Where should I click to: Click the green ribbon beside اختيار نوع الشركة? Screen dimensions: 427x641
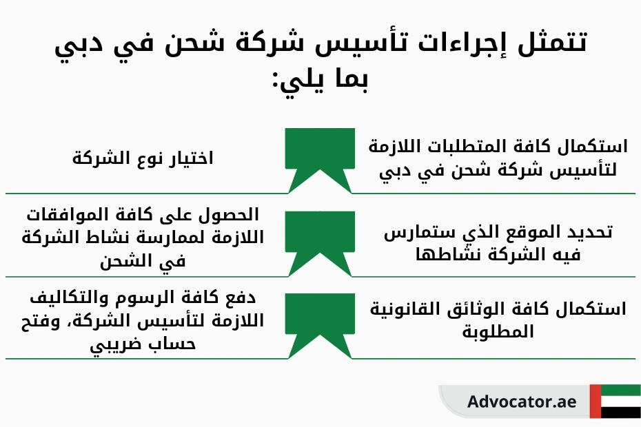[320, 149]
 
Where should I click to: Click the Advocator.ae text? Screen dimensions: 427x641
[511, 402]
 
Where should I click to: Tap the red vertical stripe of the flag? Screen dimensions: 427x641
[595, 402]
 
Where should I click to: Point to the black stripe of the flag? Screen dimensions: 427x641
[620, 413]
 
